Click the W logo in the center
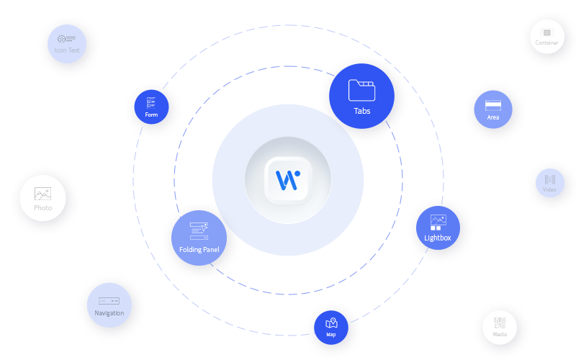click(x=288, y=180)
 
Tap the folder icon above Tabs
click(x=361, y=90)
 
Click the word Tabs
click(x=361, y=111)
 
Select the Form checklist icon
click(x=151, y=103)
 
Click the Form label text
click(x=151, y=114)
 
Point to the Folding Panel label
click(x=199, y=250)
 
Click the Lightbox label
click(x=438, y=237)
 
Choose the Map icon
click(x=331, y=323)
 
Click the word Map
click(x=331, y=334)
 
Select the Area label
click(x=493, y=117)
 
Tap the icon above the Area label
click(x=493, y=105)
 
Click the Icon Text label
click(x=67, y=50)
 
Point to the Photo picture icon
click(x=43, y=194)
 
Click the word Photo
click(x=43, y=208)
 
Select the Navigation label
click(x=109, y=313)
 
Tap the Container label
click(x=547, y=42)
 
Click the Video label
click(x=550, y=190)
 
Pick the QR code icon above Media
click(x=500, y=322)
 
